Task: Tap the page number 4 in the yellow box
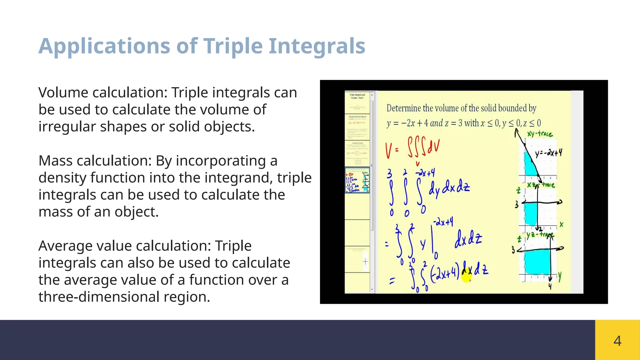617,341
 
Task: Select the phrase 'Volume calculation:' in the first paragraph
103,93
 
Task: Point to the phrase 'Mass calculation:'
95,161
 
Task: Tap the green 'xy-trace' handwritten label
540,134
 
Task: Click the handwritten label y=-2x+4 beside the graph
548,153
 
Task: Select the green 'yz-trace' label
540,235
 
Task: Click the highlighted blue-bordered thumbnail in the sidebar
357,180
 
